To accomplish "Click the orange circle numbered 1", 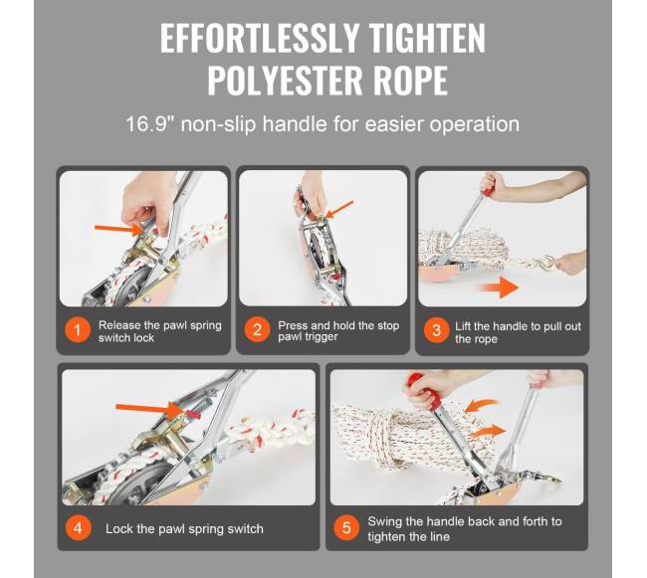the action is [x=78, y=330].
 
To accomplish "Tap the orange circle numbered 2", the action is [x=257, y=330].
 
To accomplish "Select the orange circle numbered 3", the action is [x=437, y=330].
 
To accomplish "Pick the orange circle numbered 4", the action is [x=78, y=527].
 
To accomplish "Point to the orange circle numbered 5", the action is [x=346, y=527].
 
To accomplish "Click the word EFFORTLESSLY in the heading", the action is [x=260, y=38].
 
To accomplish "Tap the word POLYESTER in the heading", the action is [x=286, y=80].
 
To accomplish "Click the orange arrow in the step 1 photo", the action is [x=118, y=229].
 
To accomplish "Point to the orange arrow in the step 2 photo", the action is [x=339, y=209].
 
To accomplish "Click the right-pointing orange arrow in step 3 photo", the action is [x=500, y=287].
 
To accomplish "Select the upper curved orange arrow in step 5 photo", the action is [x=482, y=405].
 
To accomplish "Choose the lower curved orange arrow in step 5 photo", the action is [x=488, y=433].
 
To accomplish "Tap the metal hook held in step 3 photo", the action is [x=546, y=263].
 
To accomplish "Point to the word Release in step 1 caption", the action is [x=119, y=325].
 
